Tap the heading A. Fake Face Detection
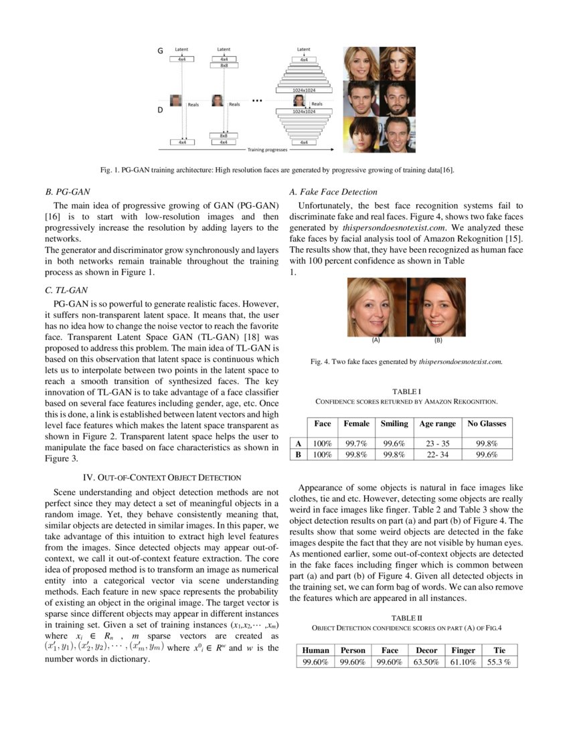333,191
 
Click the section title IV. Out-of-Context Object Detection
161,477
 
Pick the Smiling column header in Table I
394,424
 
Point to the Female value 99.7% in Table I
356,443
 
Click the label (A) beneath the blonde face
376,340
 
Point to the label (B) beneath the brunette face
438,340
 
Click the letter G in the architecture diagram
160,51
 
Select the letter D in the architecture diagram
160,110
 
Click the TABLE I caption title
406,391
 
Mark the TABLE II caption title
406,618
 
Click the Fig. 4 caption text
406,362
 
